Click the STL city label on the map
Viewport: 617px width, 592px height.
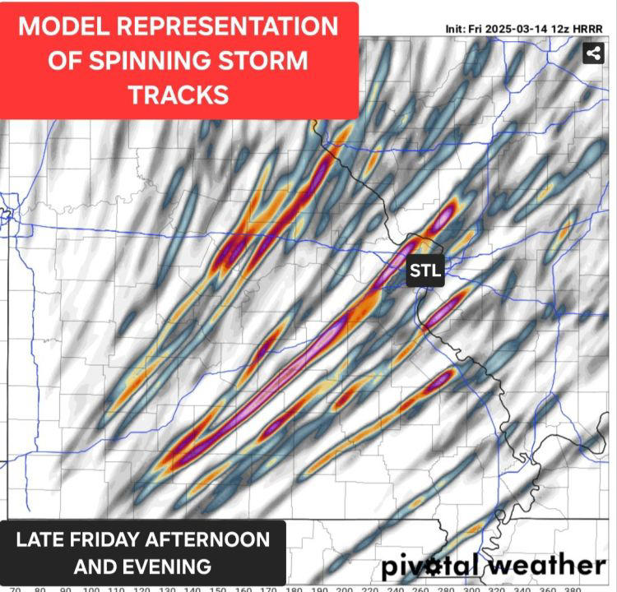point(425,271)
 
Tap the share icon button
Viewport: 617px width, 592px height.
point(592,54)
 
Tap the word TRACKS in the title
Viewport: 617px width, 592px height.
point(178,95)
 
